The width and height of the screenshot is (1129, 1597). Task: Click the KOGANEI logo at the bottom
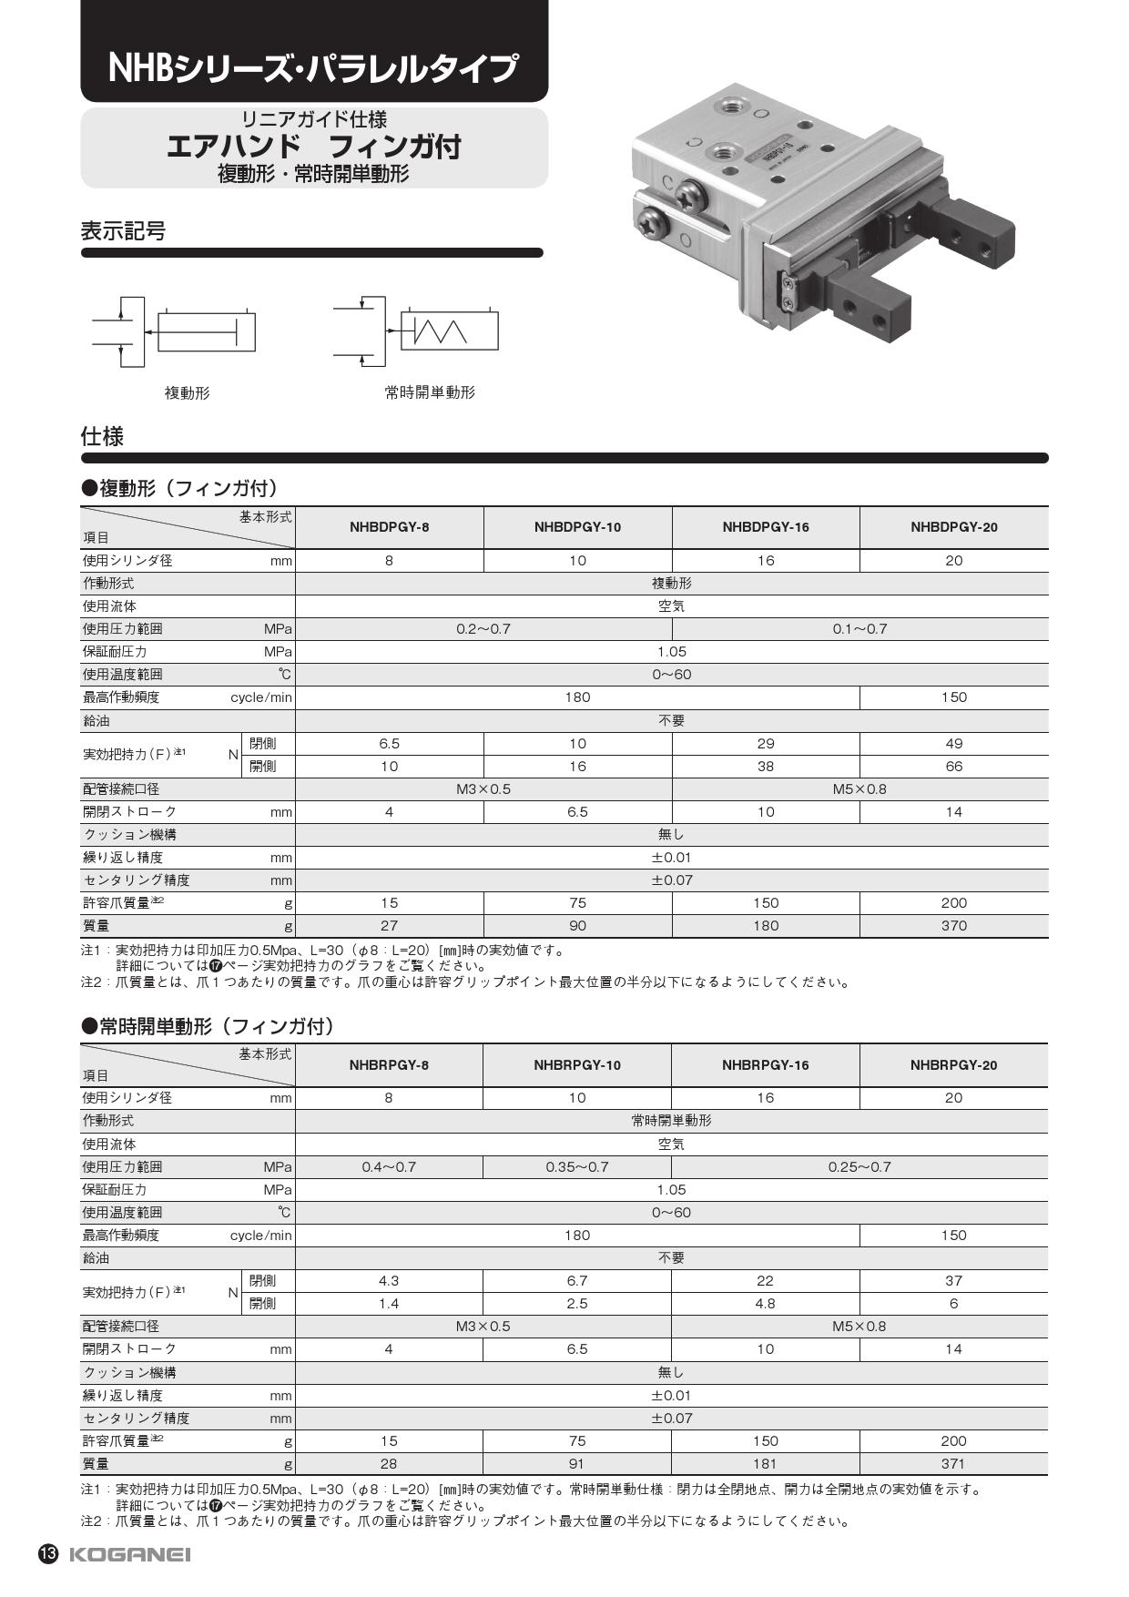(x=129, y=1554)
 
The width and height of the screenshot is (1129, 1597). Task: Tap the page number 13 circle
(x=48, y=1554)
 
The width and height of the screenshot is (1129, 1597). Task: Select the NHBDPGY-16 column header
(x=766, y=527)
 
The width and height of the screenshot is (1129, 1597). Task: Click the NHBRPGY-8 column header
(x=389, y=1065)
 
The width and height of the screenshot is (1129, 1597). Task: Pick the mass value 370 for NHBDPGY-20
(x=953, y=926)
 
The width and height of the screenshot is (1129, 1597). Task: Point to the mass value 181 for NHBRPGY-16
(x=765, y=1464)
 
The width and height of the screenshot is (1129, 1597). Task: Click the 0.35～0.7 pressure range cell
(x=577, y=1167)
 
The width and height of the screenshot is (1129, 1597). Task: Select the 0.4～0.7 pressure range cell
(x=389, y=1167)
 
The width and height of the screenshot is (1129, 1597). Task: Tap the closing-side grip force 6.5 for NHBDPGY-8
(x=389, y=744)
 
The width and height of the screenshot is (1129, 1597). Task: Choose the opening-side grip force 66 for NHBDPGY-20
(x=953, y=767)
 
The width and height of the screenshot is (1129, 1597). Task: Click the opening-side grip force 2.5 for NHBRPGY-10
(x=577, y=1304)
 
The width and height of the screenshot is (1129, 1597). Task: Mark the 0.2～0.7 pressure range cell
(x=483, y=629)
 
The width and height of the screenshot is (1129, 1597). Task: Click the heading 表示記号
(x=124, y=231)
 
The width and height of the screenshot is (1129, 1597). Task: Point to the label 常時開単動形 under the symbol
(x=430, y=392)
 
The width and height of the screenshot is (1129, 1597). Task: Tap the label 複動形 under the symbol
(x=187, y=392)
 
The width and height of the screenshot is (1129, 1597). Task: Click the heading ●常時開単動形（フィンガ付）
(x=209, y=1026)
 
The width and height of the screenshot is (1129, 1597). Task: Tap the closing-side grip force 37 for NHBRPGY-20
(x=953, y=1281)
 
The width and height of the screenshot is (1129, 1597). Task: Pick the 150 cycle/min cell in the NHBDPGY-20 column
(x=953, y=697)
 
